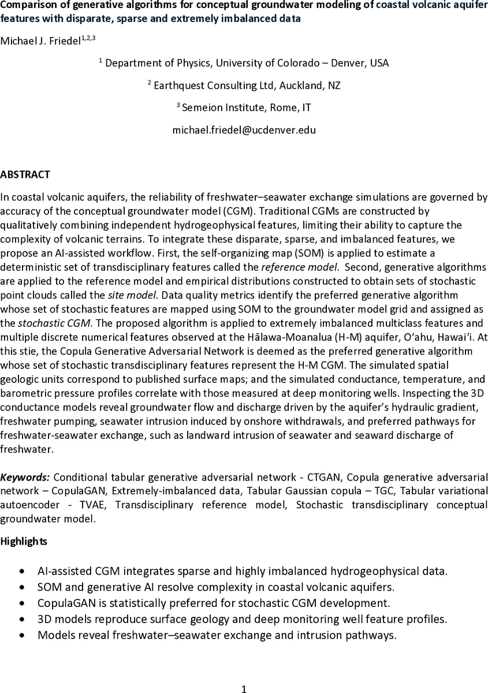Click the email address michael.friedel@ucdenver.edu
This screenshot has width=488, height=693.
tap(244, 130)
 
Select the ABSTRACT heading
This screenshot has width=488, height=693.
tap(25, 174)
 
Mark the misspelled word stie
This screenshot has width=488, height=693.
tap(32, 351)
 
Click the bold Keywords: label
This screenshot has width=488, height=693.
tap(25, 477)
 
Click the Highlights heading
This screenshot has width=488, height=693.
tap(24, 542)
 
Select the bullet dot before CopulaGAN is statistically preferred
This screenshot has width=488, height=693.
tap(22, 603)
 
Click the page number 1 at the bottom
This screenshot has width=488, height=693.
tap(244, 688)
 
